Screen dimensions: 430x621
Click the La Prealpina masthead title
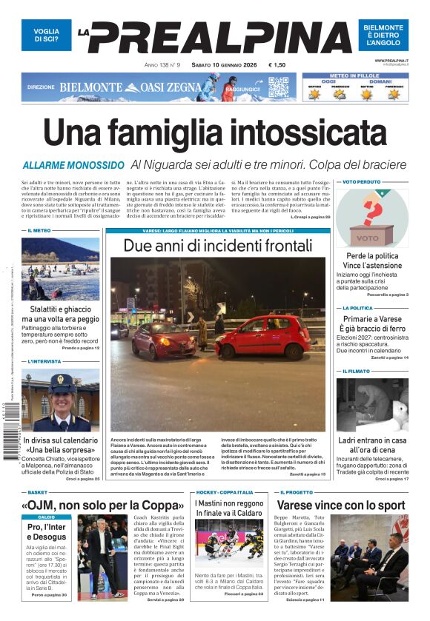tap(215, 38)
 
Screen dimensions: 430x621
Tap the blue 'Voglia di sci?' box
tap(46, 35)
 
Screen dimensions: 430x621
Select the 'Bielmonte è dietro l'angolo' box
tap(383, 35)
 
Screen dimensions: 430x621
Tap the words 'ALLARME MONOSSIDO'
tap(73, 165)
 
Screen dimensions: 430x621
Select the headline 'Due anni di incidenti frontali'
tap(217, 246)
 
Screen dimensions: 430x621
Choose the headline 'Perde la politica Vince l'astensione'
tap(371, 261)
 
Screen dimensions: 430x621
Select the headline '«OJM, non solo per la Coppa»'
tap(102, 506)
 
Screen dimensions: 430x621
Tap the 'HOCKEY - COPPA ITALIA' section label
tap(225, 492)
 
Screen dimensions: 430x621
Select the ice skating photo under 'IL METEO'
tap(60, 268)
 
